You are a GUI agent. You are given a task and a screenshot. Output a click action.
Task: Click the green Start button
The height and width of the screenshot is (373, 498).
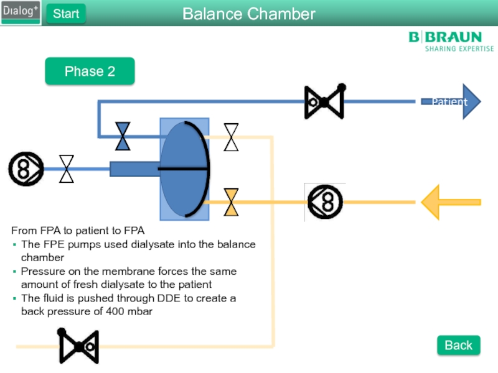tap(65, 14)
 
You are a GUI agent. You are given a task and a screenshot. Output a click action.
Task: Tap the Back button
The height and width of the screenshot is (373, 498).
tap(458, 345)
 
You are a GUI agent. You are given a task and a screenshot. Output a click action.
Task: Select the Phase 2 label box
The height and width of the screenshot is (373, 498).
tap(90, 71)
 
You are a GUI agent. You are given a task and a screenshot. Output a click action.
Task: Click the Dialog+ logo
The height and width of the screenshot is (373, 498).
tap(21, 12)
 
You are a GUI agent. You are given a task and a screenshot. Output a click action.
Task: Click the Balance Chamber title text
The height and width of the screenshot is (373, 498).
tap(249, 14)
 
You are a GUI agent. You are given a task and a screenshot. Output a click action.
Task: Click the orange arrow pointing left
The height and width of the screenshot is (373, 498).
tap(450, 202)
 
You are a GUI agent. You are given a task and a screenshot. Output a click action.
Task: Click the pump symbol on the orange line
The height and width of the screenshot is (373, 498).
tap(325, 202)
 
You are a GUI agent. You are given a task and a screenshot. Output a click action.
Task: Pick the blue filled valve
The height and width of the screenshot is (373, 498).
tap(123, 136)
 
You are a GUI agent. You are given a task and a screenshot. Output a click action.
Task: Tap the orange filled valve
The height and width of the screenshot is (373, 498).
tap(231, 202)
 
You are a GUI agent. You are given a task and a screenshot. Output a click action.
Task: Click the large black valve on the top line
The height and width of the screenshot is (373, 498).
tap(324, 101)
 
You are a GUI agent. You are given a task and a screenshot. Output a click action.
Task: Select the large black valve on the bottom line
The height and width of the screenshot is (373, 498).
tap(78, 346)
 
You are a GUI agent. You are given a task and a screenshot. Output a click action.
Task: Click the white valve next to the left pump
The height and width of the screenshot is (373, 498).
tap(67, 168)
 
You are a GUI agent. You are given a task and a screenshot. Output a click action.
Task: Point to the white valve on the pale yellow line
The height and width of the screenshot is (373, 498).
tap(231, 137)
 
